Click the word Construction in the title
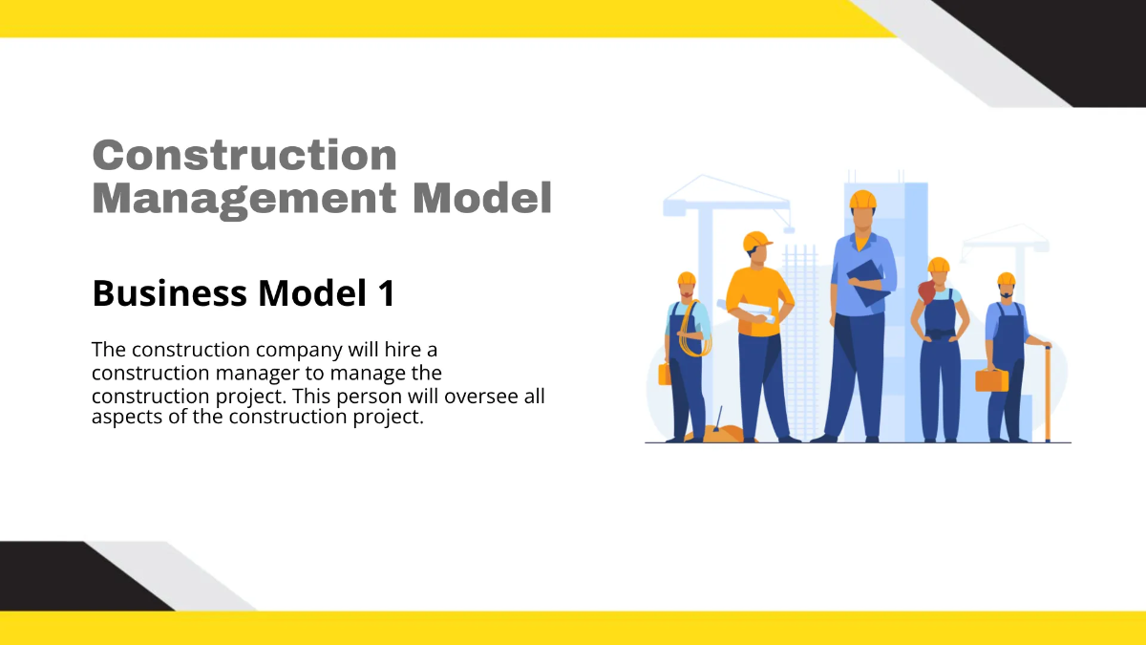coord(244,155)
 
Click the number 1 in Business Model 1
coord(383,293)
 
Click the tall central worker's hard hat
coord(862,200)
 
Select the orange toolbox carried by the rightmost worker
coord(991,380)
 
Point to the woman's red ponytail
coord(925,290)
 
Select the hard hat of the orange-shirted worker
coord(756,241)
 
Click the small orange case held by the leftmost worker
coord(665,374)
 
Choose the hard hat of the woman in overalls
coord(939,266)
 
